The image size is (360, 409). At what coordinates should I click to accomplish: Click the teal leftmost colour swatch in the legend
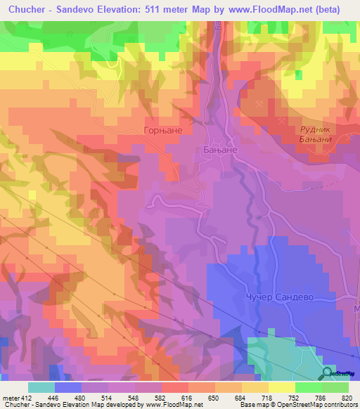[x=41, y=387]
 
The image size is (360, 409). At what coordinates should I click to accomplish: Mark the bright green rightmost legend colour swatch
[x=335, y=387]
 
